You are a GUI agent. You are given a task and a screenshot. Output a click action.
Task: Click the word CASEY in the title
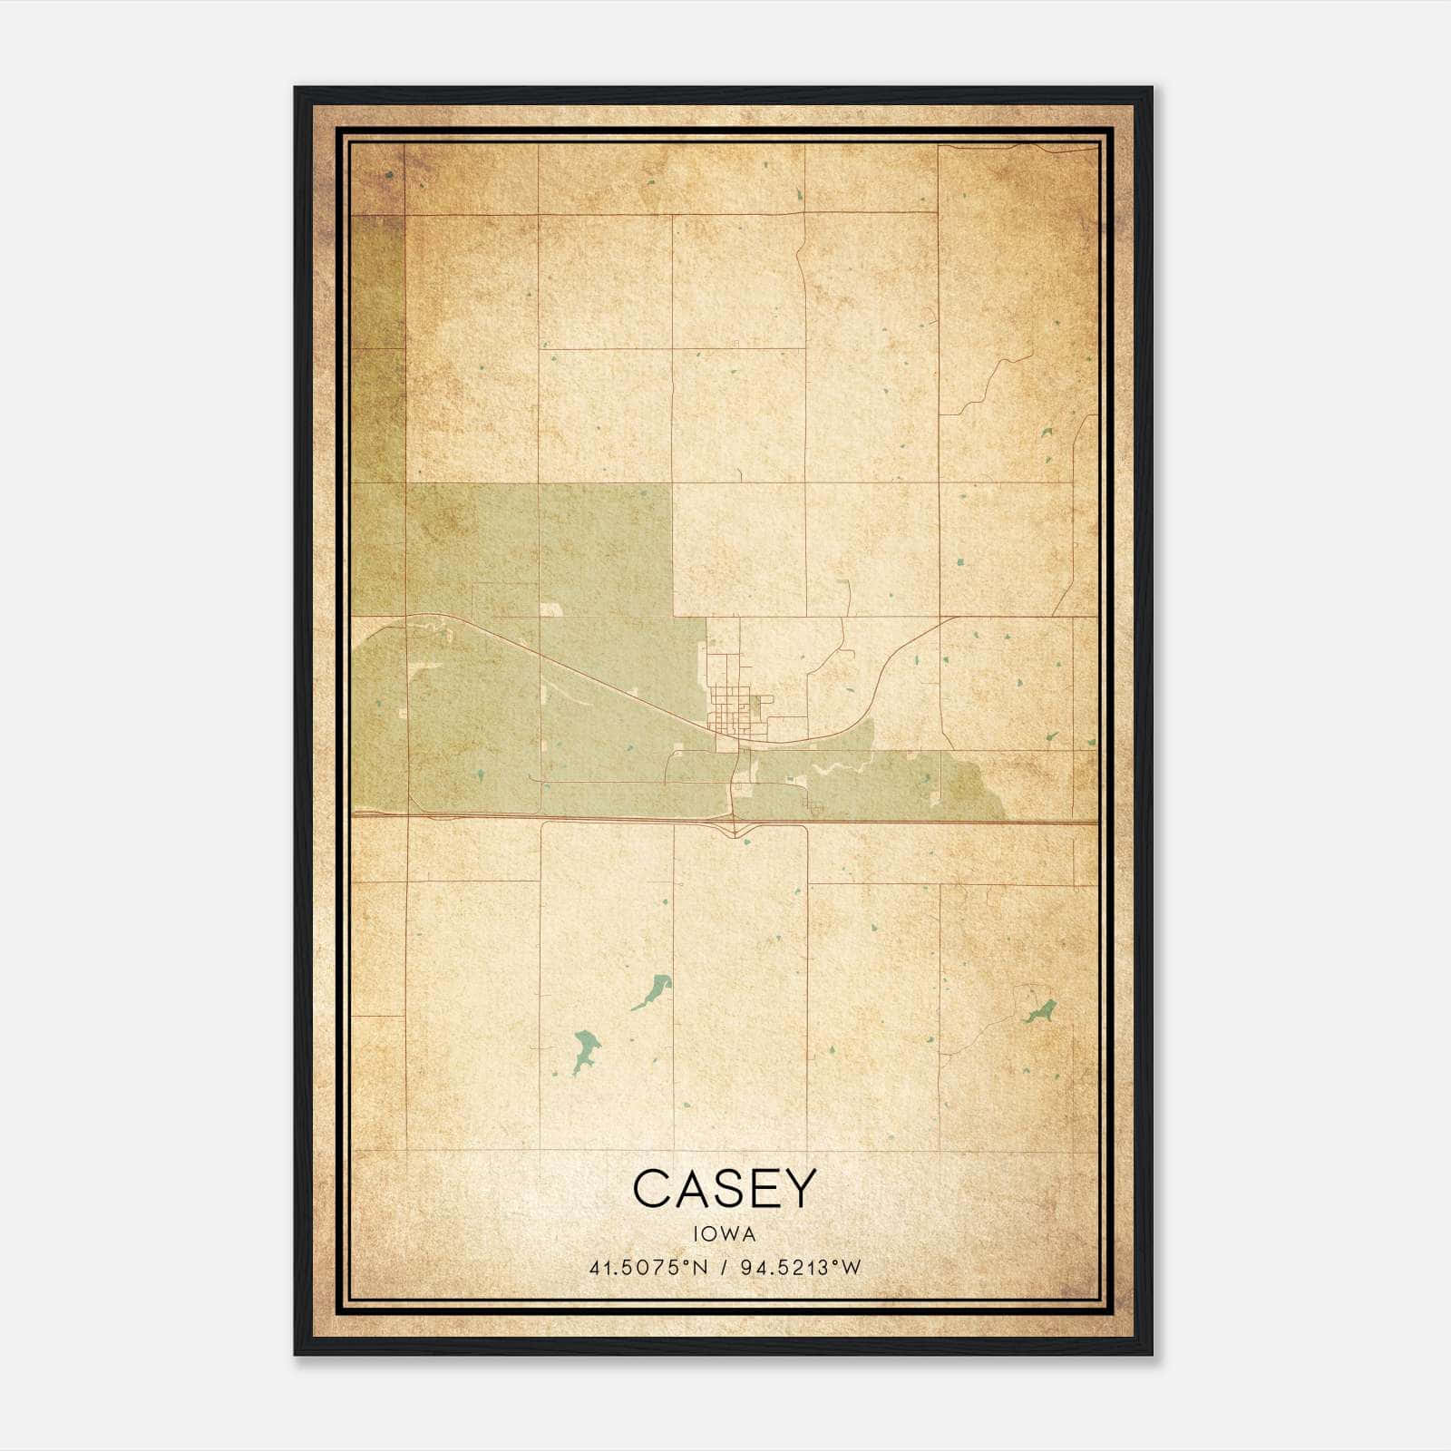tap(725, 1188)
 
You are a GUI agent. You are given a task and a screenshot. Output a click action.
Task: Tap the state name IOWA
tap(725, 1234)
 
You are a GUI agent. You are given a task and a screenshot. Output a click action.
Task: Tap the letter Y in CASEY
tap(799, 1188)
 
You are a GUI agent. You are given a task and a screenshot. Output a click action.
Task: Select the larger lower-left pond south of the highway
tap(585, 1048)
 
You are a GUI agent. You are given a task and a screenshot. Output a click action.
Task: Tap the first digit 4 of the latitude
tap(594, 1268)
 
